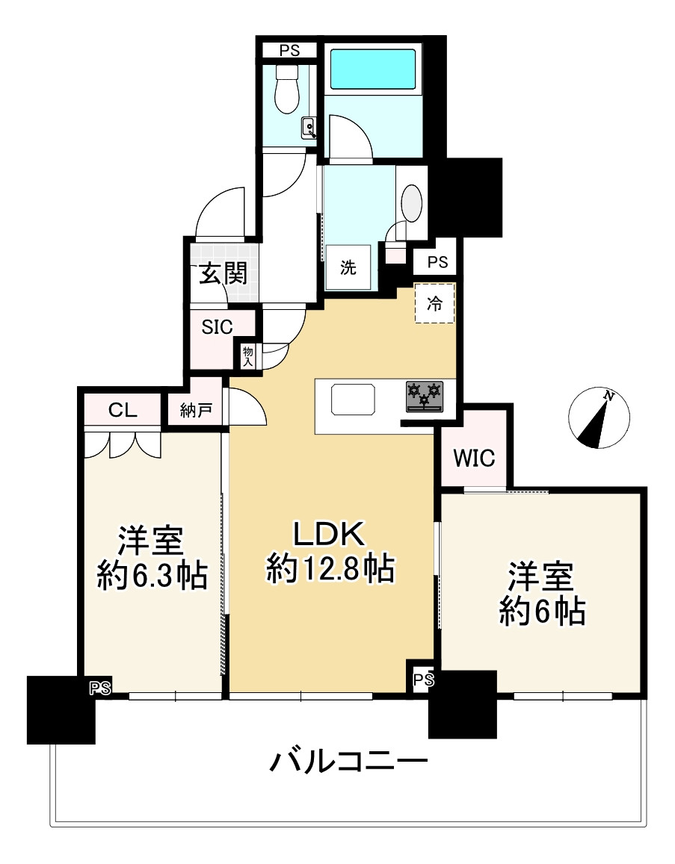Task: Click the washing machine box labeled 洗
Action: tap(348, 268)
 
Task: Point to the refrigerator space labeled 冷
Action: tap(434, 303)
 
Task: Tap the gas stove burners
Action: tap(425, 396)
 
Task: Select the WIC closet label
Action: tap(475, 458)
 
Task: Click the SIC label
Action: tap(218, 326)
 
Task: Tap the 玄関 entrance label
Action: tap(222, 275)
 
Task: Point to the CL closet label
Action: tap(122, 410)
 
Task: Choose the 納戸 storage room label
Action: tap(196, 410)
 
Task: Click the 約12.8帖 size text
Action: tap(330, 570)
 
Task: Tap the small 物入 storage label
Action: tap(248, 356)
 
